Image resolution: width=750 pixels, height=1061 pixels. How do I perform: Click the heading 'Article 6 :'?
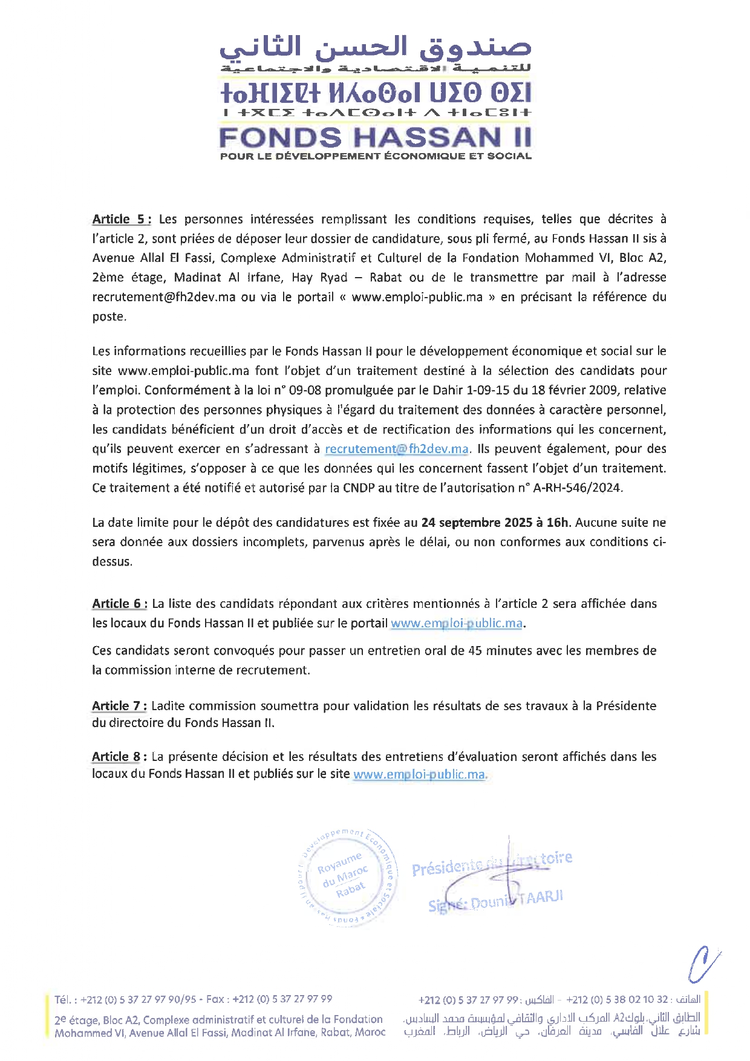tap(120, 603)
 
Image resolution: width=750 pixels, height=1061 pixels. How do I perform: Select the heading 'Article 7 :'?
tap(119, 705)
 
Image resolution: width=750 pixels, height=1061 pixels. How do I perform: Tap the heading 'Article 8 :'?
tap(119, 756)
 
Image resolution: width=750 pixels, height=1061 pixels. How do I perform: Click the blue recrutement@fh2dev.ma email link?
tap(397, 449)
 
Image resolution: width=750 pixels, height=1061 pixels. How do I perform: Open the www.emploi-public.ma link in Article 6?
tap(457, 623)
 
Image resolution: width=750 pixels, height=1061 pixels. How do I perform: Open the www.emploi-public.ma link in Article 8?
tap(419, 774)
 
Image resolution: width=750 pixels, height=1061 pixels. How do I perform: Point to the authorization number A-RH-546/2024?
tap(578, 488)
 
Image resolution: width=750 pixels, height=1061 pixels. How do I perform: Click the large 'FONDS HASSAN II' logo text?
tap(375, 137)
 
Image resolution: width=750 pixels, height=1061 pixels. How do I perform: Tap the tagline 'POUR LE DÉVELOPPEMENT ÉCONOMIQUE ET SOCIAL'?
tap(375, 156)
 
